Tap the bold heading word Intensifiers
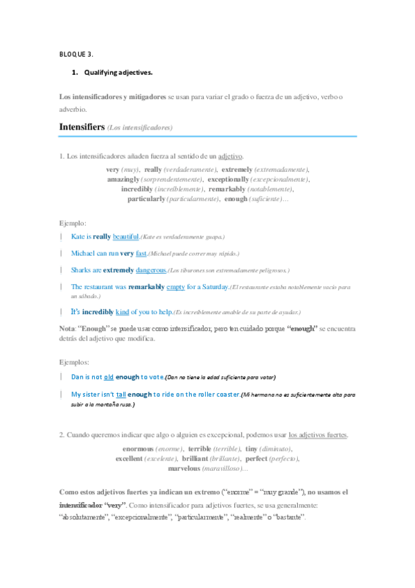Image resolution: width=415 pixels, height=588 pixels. click(82, 128)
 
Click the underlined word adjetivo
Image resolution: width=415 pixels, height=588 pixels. click(230, 156)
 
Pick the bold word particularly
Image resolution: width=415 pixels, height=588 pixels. click(146, 199)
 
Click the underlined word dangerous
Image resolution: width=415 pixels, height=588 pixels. click(152, 270)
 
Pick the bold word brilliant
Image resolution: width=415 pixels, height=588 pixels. click(200, 459)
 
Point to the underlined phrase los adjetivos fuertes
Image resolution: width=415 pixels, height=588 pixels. click(318, 435)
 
